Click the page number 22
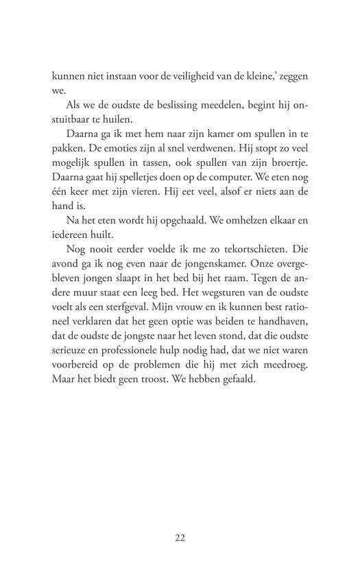point(180,538)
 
